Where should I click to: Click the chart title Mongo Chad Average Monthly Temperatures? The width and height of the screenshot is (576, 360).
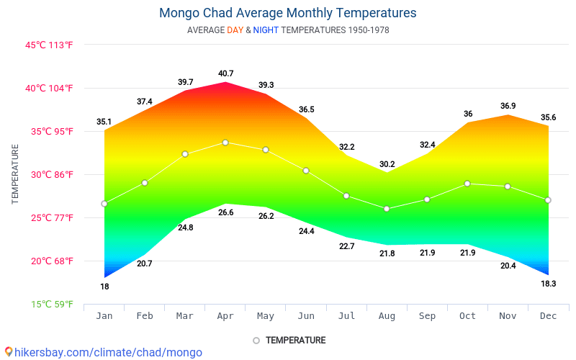(287, 13)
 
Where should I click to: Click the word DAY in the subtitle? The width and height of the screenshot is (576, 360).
(235, 30)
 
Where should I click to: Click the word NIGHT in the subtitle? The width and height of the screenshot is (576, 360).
(266, 30)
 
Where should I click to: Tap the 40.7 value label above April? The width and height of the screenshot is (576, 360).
(225, 73)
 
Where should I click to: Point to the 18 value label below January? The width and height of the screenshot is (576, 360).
(104, 287)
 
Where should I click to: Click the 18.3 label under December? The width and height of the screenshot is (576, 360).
(548, 284)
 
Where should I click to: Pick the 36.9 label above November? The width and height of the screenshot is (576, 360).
(508, 106)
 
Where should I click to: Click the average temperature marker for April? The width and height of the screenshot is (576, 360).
(225, 143)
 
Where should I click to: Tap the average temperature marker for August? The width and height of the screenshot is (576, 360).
(387, 209)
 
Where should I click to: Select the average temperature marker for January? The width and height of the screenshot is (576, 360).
(104, 204)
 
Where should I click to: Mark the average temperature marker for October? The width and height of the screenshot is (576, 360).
(467, 184)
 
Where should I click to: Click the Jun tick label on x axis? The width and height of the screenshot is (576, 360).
(306, 315)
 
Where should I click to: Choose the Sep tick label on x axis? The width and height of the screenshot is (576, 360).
(427, 315)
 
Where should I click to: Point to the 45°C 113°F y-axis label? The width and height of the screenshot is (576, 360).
(50, 45)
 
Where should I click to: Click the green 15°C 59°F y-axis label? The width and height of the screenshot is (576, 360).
(51, 304)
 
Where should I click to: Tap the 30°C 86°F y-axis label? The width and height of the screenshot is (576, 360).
(50, 174)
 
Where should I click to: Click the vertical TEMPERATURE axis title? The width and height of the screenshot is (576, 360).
(15, 174)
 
